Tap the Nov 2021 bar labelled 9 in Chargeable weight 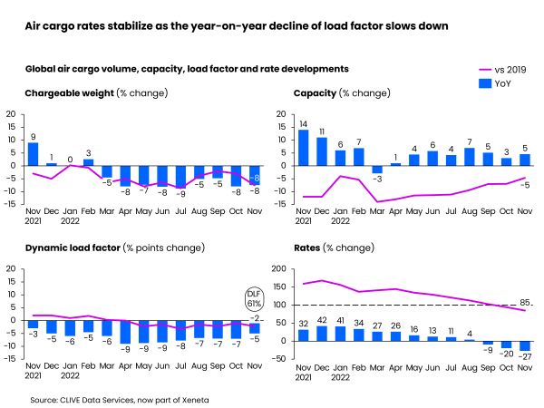(33, 154)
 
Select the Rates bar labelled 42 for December (322, 333)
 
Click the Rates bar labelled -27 (525, 345)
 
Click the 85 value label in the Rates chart (525, 302)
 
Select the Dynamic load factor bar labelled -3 (33, 324)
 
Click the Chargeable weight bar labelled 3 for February (89, 161)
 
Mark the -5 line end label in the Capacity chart (525, 185)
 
